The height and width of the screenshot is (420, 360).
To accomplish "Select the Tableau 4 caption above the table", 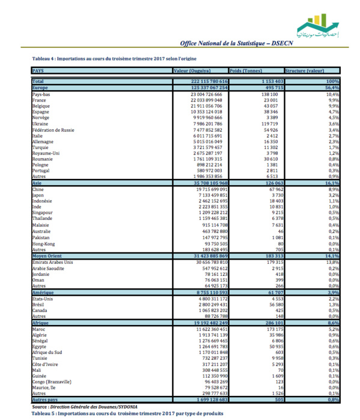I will [x=114, y=59].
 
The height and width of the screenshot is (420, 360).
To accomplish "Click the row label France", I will [x=40, y=100].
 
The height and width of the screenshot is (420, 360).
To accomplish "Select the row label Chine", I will [x=38, y=189].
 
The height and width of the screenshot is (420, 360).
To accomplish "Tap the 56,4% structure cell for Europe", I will [x=333, y=87].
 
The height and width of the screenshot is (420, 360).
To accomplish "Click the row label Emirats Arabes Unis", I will [x=52, y=263].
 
